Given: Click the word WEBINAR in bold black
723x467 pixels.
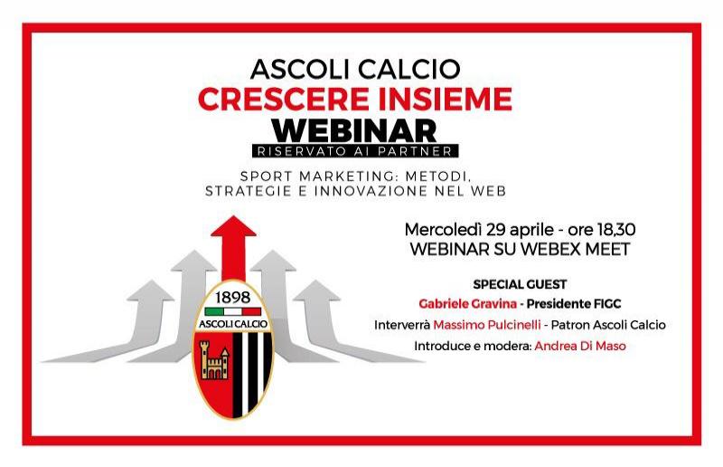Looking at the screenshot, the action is pos(354,130).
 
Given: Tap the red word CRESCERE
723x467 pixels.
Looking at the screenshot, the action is pos(284,99).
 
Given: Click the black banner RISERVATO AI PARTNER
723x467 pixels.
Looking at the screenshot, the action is pos(355,151).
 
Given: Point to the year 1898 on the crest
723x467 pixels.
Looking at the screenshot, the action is pos(232,298).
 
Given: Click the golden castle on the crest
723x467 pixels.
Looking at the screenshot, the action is pos(213,360).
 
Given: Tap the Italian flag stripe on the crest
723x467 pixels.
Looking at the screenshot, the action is pos(233,311).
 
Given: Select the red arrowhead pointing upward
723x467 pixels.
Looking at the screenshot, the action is pos(233,226).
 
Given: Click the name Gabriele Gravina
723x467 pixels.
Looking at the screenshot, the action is pos(467,304).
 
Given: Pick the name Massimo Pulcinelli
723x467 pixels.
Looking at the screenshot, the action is pos(487,325).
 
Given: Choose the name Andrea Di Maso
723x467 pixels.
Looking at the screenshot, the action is pos(580,346).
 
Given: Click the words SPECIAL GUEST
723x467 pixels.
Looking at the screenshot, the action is pos(520,284).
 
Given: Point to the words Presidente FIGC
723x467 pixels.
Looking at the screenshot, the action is pos(574,304).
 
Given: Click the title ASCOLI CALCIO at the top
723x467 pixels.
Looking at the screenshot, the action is pos(355,69).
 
